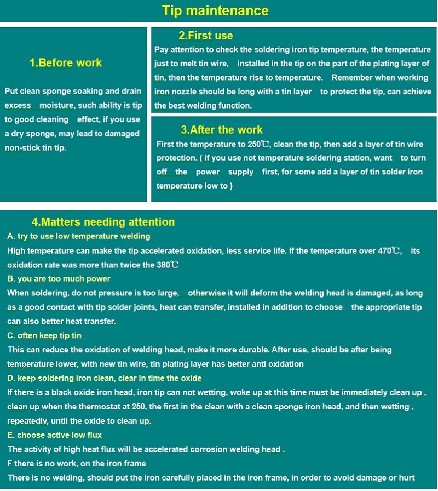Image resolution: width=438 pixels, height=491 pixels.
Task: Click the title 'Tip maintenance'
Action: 215,11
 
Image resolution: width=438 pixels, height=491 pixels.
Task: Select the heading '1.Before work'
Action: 66,63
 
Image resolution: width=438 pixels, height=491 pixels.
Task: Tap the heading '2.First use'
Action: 206,36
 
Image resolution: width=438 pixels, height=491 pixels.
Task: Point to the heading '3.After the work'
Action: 222,130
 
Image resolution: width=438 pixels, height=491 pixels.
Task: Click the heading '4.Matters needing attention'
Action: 103,222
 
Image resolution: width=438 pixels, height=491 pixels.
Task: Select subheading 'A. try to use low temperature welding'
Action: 79,236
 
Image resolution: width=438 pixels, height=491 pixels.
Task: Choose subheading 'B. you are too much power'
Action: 59,279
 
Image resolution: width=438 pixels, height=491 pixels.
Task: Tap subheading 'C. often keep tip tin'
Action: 44,335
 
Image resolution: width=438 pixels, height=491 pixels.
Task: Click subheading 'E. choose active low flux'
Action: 55,435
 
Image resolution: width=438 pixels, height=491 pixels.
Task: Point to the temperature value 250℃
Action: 258,145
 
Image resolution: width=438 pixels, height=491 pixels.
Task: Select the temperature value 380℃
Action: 168,265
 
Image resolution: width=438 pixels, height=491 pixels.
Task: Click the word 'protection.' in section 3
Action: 177,158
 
